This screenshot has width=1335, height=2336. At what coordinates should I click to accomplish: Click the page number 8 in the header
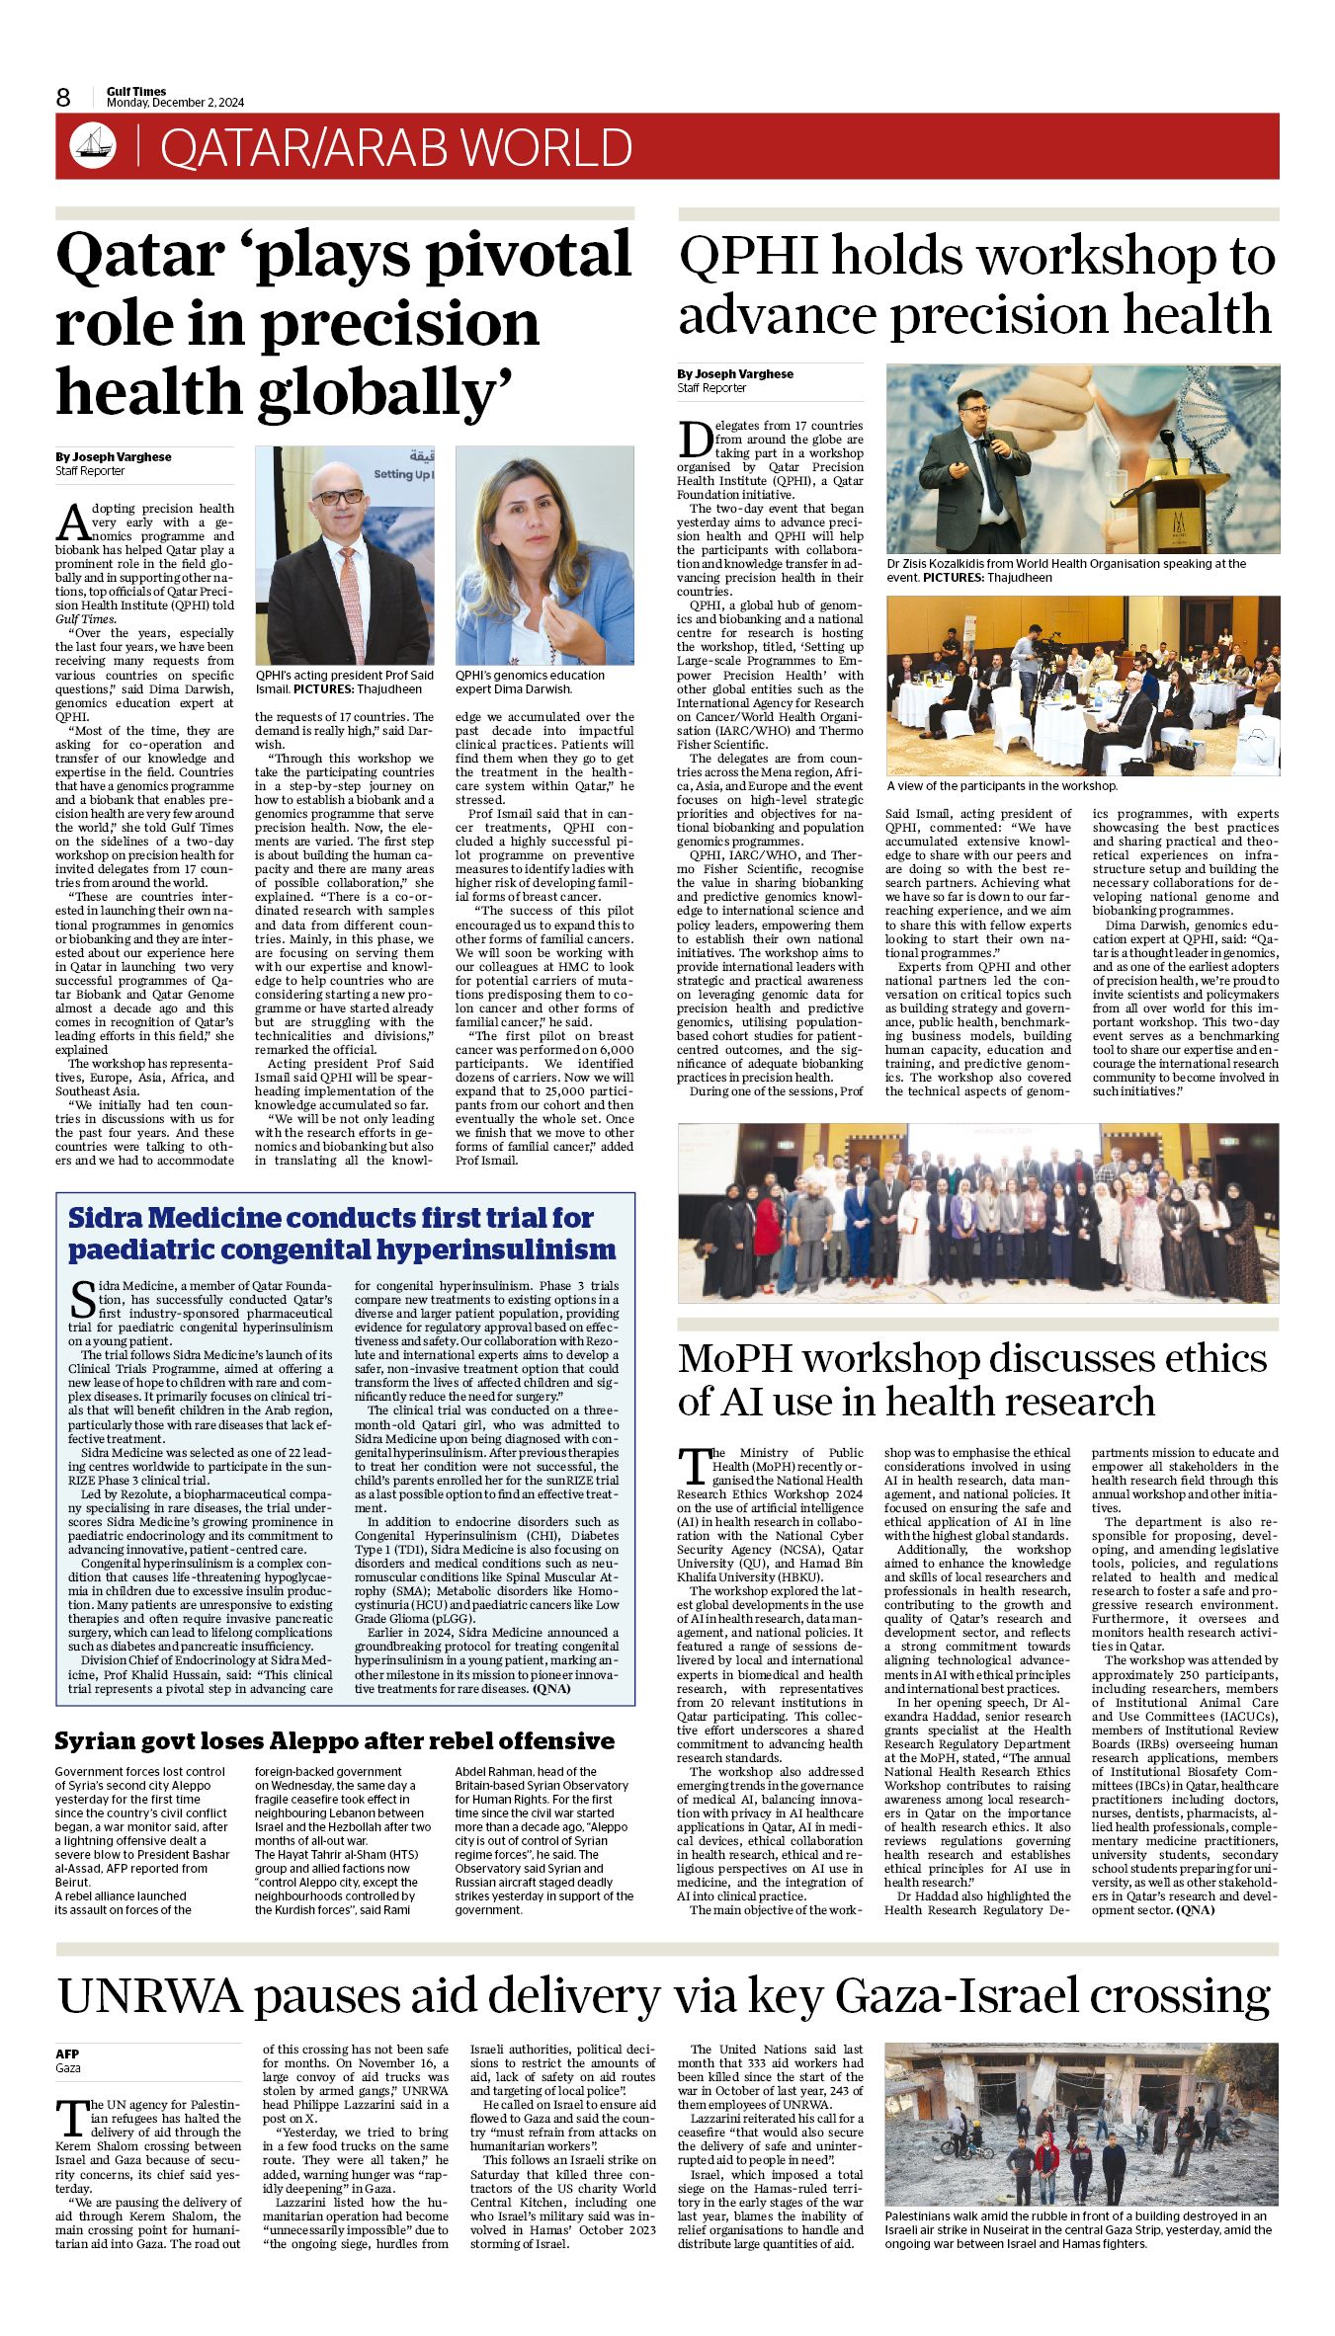(63, 97)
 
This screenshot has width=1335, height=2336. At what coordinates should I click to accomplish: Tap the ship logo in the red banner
(93, 146)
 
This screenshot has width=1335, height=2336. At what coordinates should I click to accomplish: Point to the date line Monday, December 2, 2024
(175, 103)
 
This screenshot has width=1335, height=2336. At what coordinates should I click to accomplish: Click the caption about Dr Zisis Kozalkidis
(1067, 570)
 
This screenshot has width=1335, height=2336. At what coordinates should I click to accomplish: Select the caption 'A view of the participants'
(1002, 785)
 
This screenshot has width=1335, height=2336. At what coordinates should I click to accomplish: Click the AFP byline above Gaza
(67, 2054)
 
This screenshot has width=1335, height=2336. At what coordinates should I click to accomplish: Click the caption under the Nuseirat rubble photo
(1077, 2229)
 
